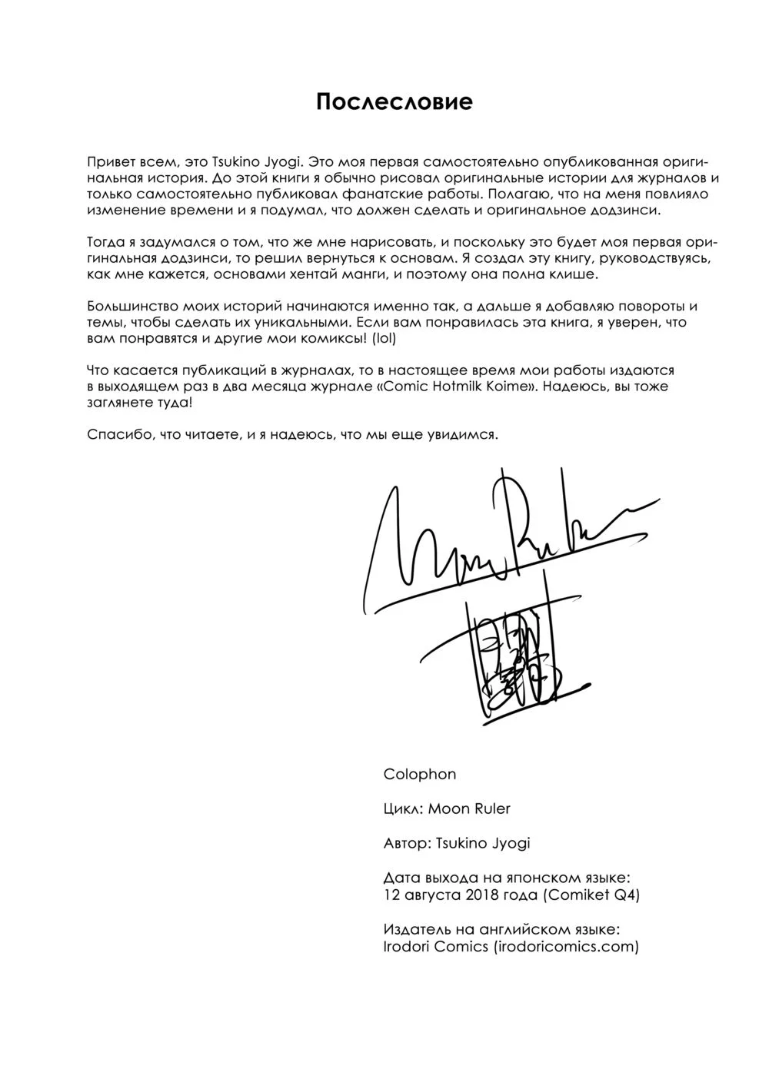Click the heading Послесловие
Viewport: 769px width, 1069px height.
[x=394, y=102]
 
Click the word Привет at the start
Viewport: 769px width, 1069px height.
[x=109, y=163]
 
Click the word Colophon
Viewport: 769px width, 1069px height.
[x=419, y=774]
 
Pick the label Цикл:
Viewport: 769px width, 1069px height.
[x=402, y=808]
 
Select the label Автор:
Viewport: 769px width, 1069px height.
[x=407, y=843]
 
